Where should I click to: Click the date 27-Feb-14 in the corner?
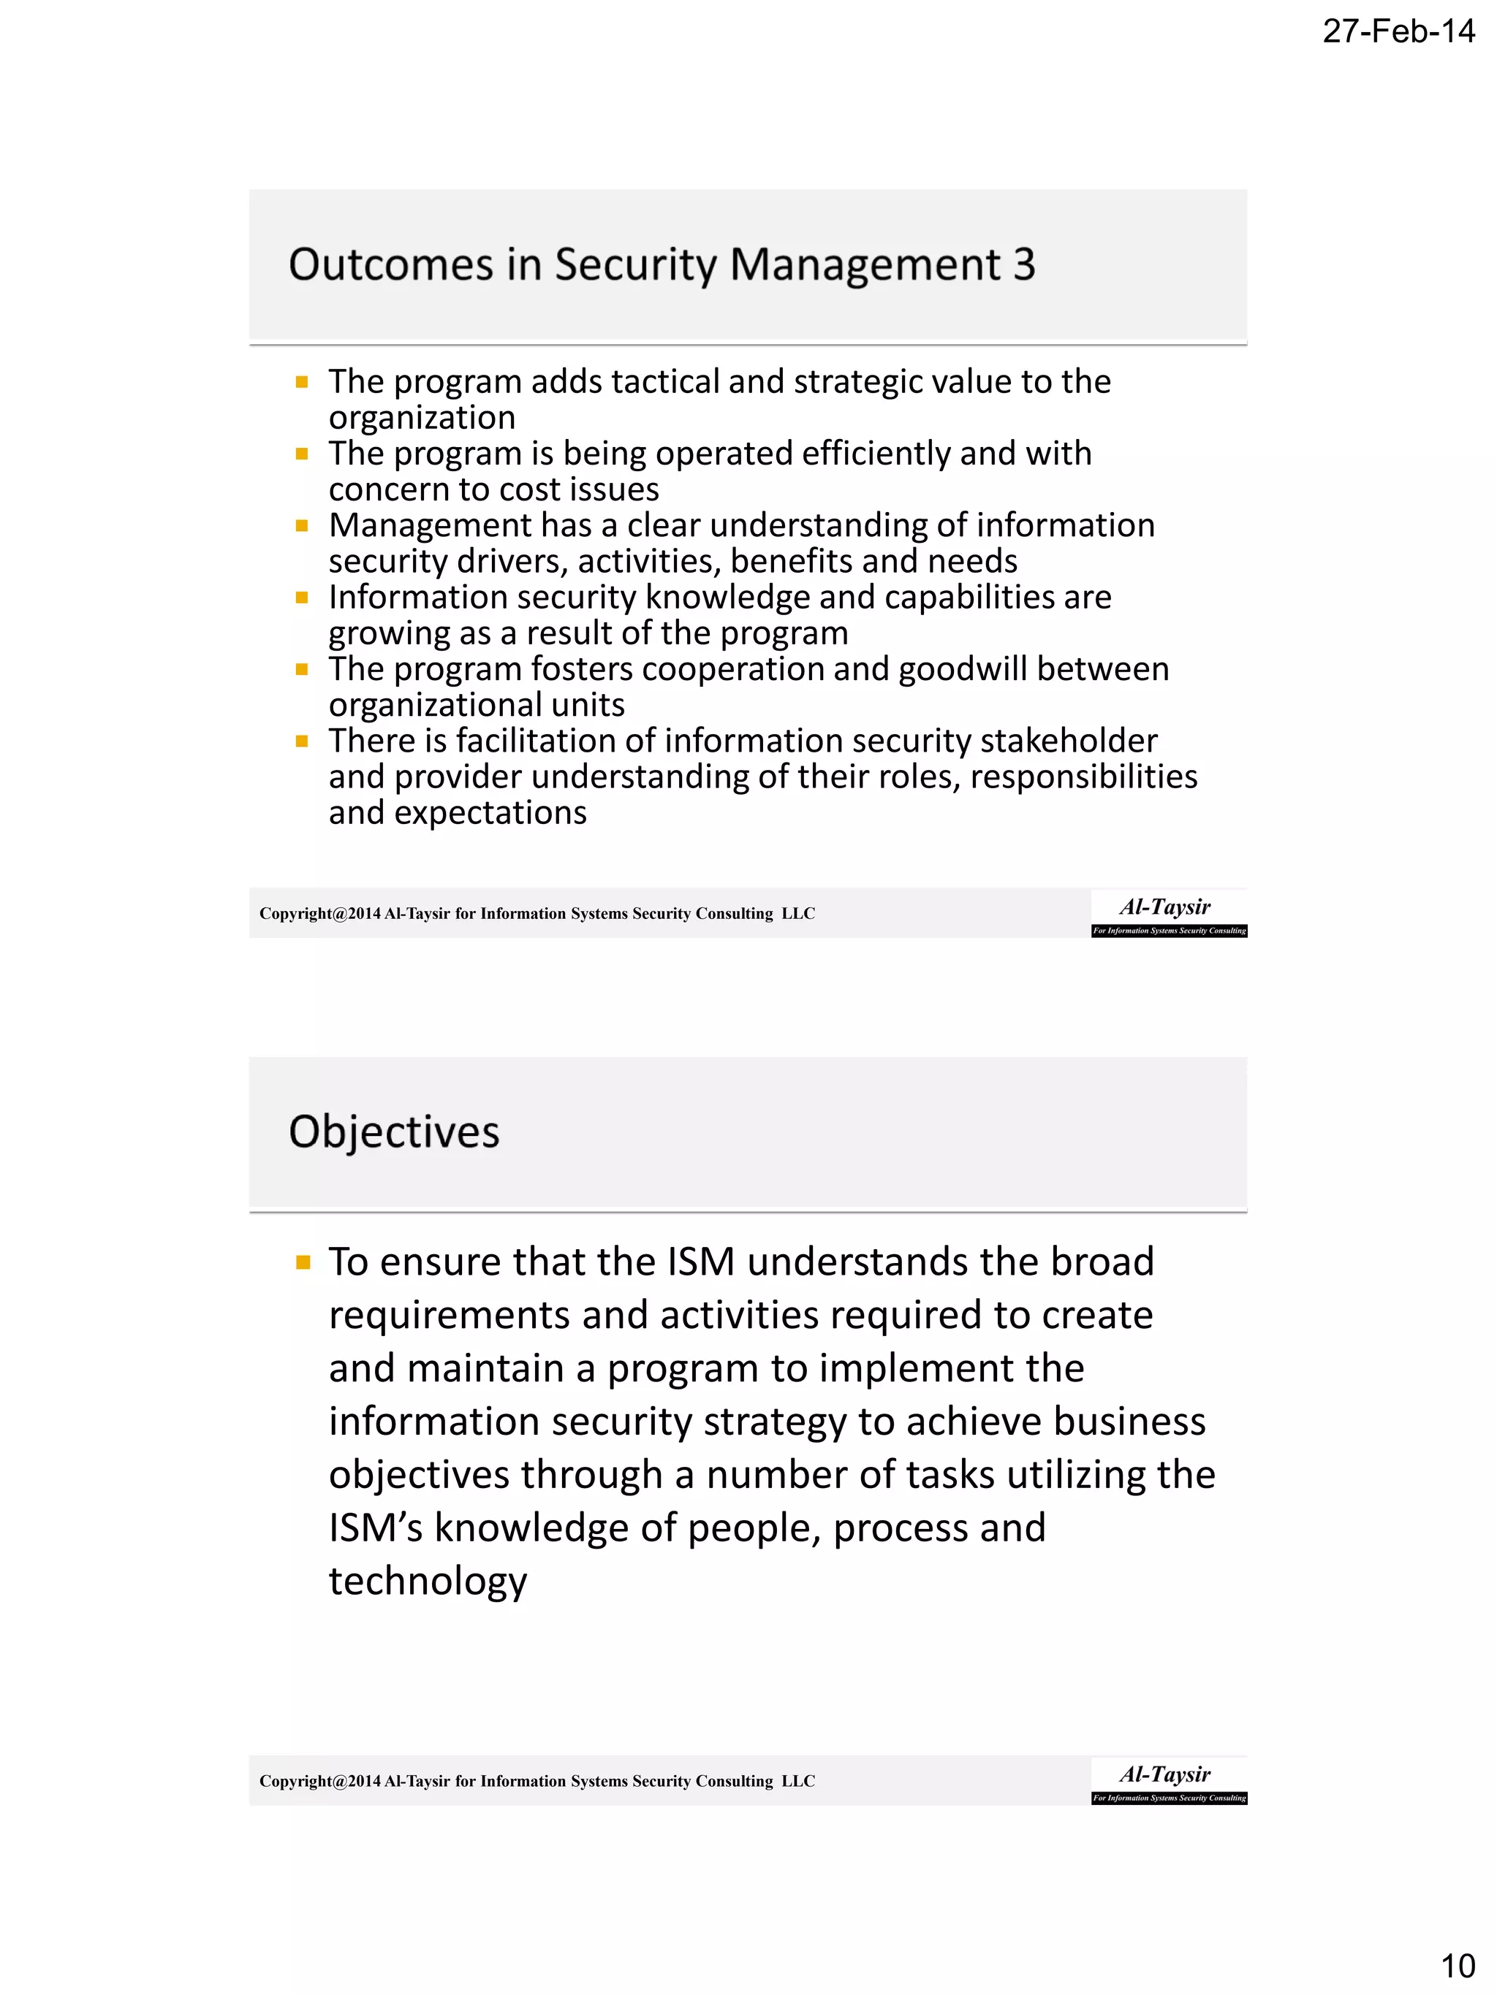[1398, 31]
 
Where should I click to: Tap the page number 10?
[1458, 1965]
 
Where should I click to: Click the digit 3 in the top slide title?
[1023, 265]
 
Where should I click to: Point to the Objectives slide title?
[393, 1132]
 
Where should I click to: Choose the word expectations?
[490, 814]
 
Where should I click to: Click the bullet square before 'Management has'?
[303, 526]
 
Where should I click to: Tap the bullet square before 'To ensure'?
[303, 1262]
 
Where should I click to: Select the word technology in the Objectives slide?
[428, 1581]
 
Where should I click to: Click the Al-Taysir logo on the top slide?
[1169, 914]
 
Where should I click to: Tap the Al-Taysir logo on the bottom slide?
[1169, 1781]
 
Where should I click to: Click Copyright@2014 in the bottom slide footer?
[319, 1781]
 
